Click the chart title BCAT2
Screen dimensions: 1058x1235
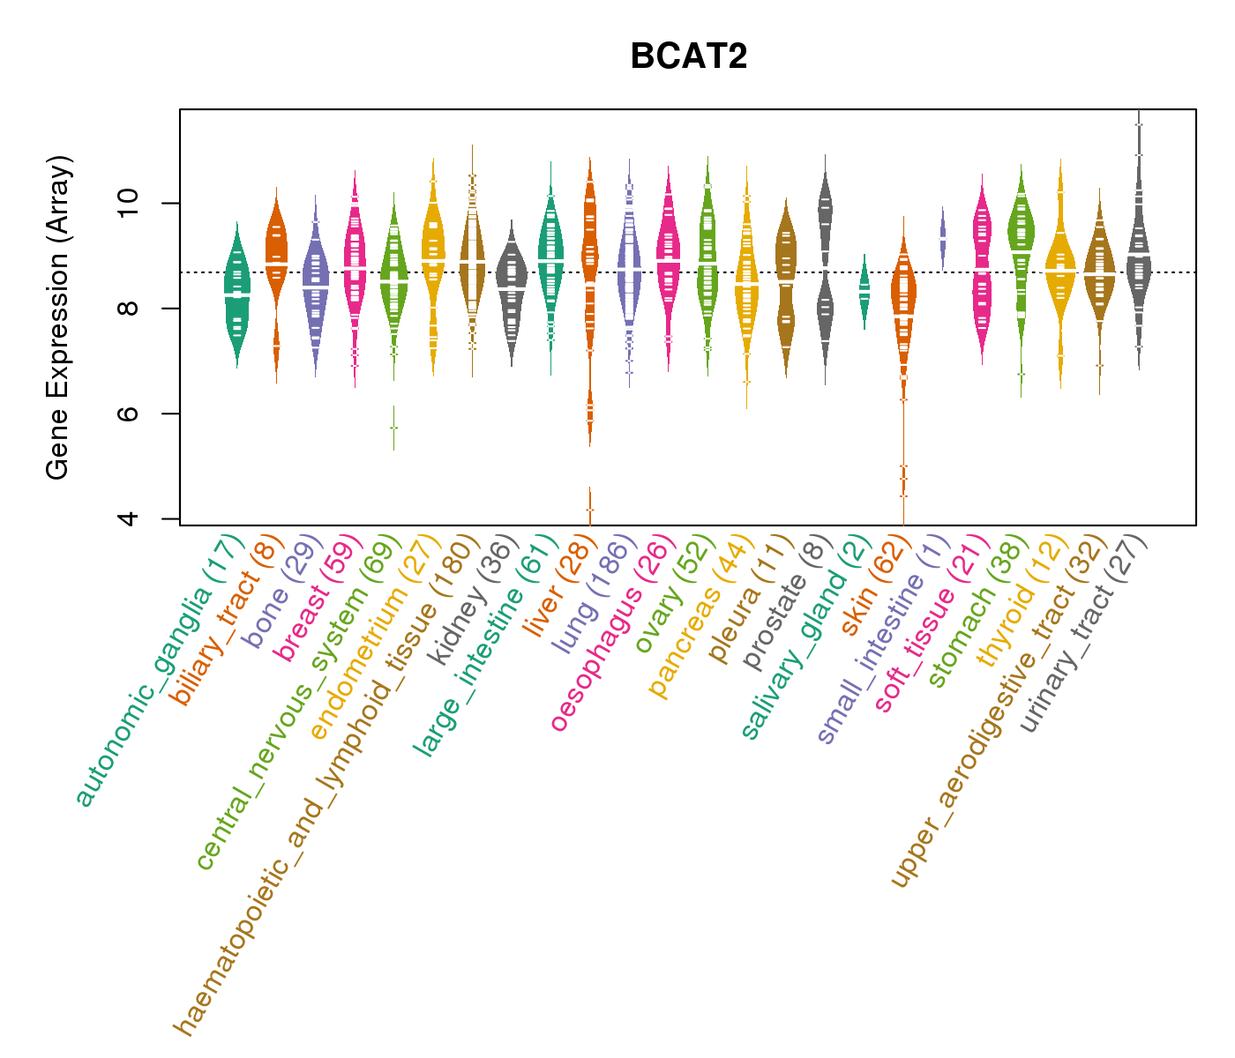[x=689, y=56]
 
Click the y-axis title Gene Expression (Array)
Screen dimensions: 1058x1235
[x=58, y=317]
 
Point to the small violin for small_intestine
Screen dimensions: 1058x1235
[x=942, y=238]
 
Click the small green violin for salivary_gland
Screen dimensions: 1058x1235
[x=864, y=291]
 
